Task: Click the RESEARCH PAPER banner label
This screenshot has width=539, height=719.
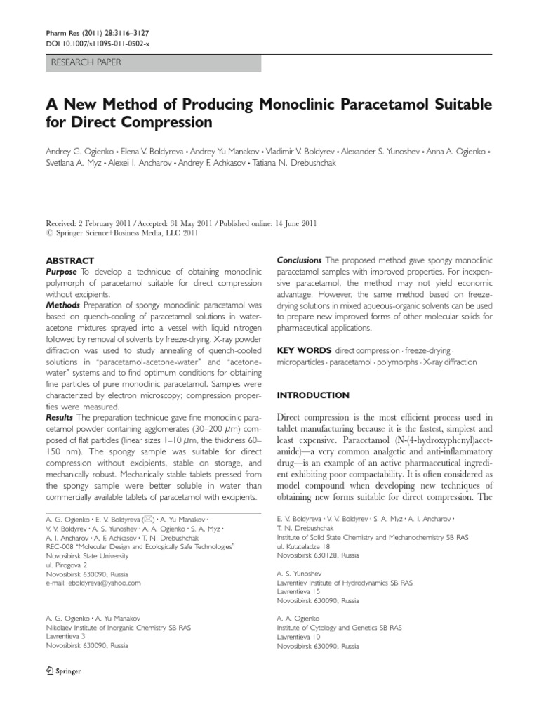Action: point(86,62)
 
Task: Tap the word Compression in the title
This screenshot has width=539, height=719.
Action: point(168,123)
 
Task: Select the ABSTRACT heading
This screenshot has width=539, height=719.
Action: point(69,260)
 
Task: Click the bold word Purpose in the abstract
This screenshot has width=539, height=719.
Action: point(62,271)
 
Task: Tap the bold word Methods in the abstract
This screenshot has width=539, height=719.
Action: point(62,305)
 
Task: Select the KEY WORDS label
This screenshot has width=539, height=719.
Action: point(305,350)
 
